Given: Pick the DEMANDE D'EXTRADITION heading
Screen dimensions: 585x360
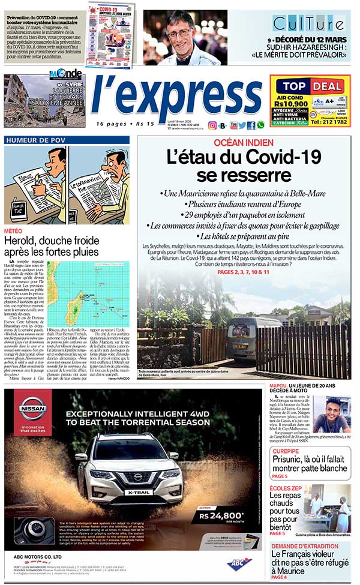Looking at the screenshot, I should (x=304, y=546).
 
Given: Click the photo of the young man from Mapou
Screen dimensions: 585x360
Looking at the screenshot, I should (x=332, y=415).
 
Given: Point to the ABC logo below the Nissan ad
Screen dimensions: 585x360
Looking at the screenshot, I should (x=239, y=563).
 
